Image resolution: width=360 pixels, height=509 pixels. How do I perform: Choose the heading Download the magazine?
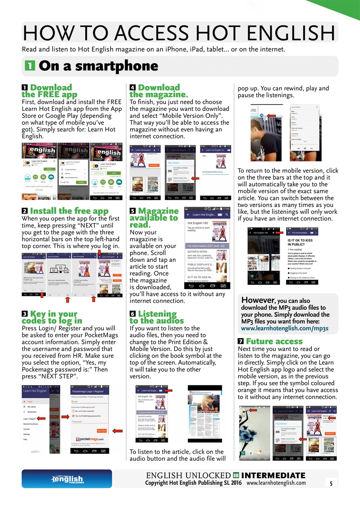(x=158, y=91)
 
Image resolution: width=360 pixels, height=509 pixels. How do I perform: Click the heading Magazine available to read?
(x=154, y=218)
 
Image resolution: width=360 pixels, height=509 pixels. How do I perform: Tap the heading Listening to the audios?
(x=157, y=317)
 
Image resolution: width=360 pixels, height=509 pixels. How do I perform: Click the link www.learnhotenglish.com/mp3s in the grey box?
(x=285, y=328)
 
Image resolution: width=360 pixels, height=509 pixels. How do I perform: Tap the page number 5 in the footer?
(x=331, y=484)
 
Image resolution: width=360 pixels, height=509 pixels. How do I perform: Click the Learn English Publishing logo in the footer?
(x=67, y=479)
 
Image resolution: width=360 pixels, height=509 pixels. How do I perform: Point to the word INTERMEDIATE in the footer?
(x=273, y=476)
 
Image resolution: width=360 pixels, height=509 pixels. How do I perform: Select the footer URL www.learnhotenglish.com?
(x=276, y=483)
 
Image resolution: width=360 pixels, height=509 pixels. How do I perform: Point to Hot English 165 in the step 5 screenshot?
(x=198, y=223)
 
